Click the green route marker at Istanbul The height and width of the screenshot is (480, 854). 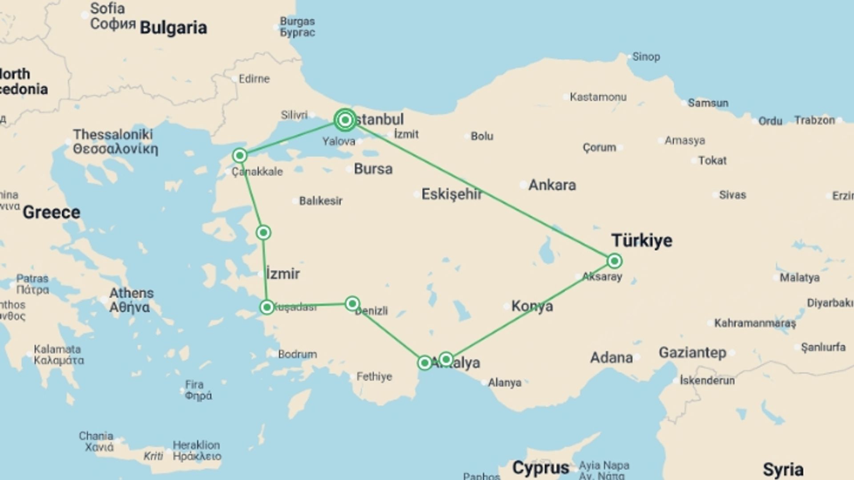click(x=345, y=120)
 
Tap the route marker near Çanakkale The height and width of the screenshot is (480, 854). click(x=240, y=156)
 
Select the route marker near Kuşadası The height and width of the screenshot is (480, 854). click(x=267, y=307)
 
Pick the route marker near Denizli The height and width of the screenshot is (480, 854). click(x=352, y=304)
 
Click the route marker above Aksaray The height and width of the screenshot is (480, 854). click(x=614, y=261)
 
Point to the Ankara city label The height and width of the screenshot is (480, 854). click(x=552, y=185)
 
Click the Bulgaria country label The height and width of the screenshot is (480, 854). click(x=173, y=28)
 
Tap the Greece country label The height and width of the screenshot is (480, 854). click(x=52, y=212)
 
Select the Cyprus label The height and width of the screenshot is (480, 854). click(x=540, y=468)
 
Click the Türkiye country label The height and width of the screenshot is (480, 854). click(x=642, y=240)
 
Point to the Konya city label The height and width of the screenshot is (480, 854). click(x=532, y=306)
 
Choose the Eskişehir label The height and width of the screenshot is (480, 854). click(x=451, y=194)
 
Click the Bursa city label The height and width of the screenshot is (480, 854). click(x=373, y=169)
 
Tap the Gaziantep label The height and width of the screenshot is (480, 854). click(x=692, y=353)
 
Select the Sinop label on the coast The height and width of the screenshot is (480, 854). click(x=646, y=57)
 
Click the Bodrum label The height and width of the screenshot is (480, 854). click(x=298, y=354)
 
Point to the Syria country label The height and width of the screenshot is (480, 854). click(x=783, y=469)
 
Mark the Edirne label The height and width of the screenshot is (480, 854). click(x=254, y=79)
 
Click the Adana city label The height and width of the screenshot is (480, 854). click(x=611, y=357)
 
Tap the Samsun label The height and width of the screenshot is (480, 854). click(x=708, y=103)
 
